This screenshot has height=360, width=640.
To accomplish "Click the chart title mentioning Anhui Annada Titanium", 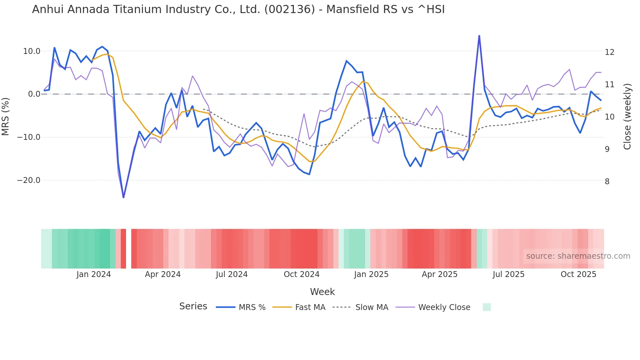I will point(238,9).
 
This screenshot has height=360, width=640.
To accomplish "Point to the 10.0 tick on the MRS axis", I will point(32,51).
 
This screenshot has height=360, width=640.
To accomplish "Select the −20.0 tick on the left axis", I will point(29,180).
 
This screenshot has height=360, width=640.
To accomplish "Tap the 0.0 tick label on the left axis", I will point(34,94).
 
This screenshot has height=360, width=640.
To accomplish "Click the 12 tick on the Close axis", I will point(609,52).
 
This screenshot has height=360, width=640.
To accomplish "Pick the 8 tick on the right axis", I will point(607,182).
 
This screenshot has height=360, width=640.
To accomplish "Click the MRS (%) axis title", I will point(6,116).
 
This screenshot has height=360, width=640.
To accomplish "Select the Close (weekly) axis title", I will point(627,116).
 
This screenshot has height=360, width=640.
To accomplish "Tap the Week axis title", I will point(322,292).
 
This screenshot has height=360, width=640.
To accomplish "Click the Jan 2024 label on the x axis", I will point(94,274).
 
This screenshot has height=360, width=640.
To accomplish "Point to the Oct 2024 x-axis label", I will point(301,274).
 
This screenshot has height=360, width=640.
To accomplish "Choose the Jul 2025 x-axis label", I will point(508,274).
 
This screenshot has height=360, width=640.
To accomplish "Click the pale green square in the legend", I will point(487,307).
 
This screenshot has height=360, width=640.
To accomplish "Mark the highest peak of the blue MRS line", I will point(479,36).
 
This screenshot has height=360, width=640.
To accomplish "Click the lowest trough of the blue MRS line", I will point(123,197).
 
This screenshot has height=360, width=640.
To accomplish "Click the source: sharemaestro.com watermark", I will point(578,256).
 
